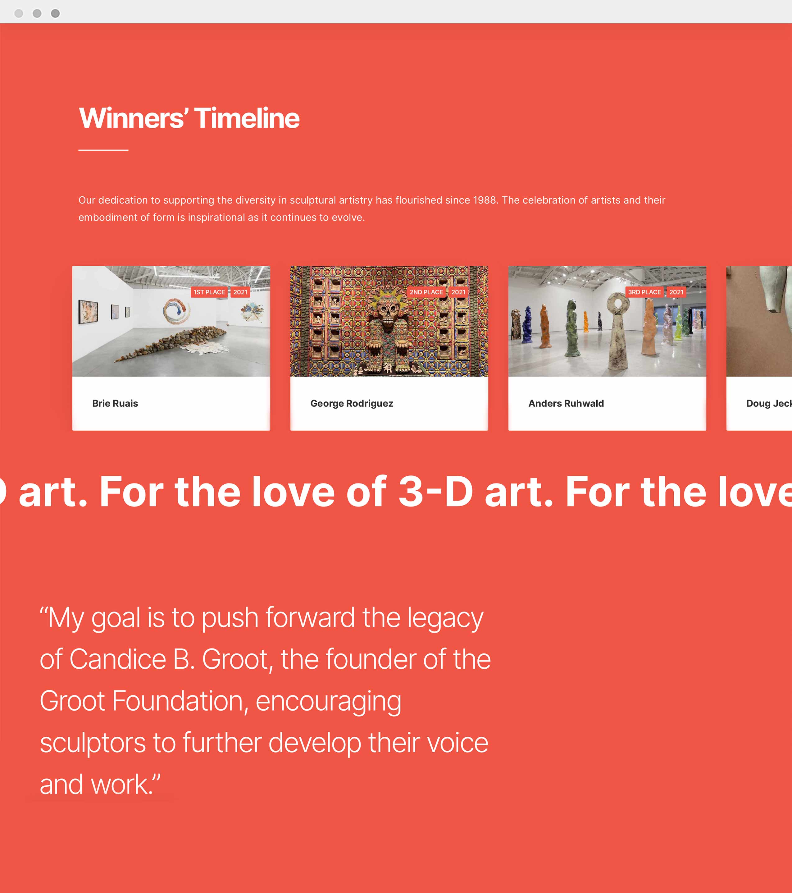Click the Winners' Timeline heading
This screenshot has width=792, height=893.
pos(189,118)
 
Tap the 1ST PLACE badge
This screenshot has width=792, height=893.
pos(209,292)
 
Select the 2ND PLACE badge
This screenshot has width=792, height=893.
pos(426,292)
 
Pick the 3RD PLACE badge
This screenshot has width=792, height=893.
pos(644,292)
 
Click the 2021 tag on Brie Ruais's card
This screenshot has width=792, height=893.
pos(240,292)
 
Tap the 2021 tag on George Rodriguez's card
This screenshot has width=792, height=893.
pos(458,292)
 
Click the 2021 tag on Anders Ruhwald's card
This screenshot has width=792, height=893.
pos(676,292)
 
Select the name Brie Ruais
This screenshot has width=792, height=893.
pos(115,403)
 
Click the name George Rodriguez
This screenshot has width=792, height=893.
pos(352,403)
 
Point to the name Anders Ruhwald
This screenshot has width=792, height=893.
pos(566,403)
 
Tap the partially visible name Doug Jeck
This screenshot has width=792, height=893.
pos(769,403)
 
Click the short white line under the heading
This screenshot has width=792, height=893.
pos(103,150)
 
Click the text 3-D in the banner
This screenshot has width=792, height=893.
pos(436,492)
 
